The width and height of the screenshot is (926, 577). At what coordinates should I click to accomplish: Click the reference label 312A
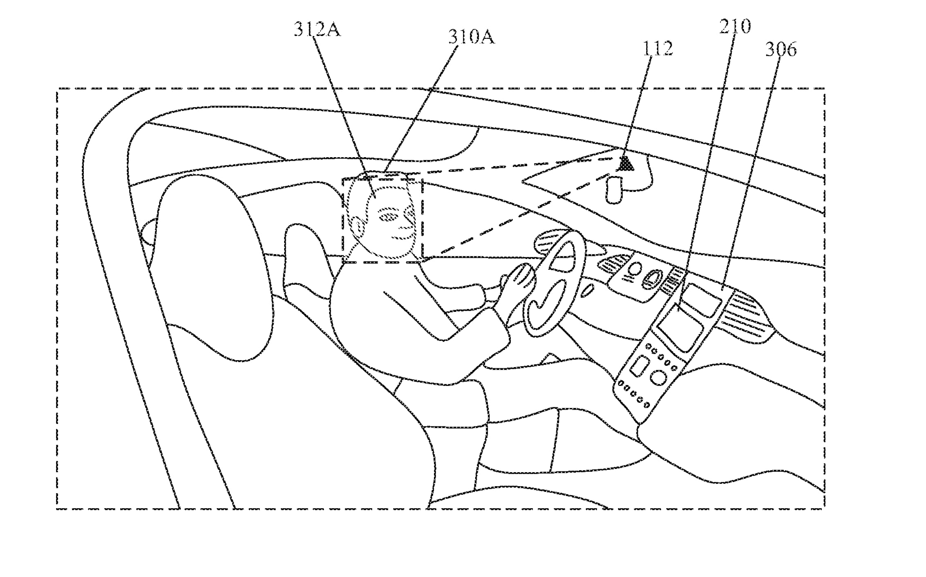coord(317,29)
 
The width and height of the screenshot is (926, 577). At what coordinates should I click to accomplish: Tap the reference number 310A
coord(471,37)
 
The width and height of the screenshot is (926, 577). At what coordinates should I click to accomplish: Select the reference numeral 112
coord(658,49)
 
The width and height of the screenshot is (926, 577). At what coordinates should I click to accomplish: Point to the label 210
coord(735,27)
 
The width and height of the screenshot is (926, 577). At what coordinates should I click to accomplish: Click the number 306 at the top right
coord(781,50)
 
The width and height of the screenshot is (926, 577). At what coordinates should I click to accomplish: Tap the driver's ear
coord(358,227)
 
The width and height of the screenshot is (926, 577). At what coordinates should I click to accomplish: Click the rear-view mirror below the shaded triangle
coord(613,189)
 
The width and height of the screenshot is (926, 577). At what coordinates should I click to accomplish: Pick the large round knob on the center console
coord(658,377)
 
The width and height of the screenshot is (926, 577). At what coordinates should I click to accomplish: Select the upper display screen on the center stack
coord(701,300)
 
